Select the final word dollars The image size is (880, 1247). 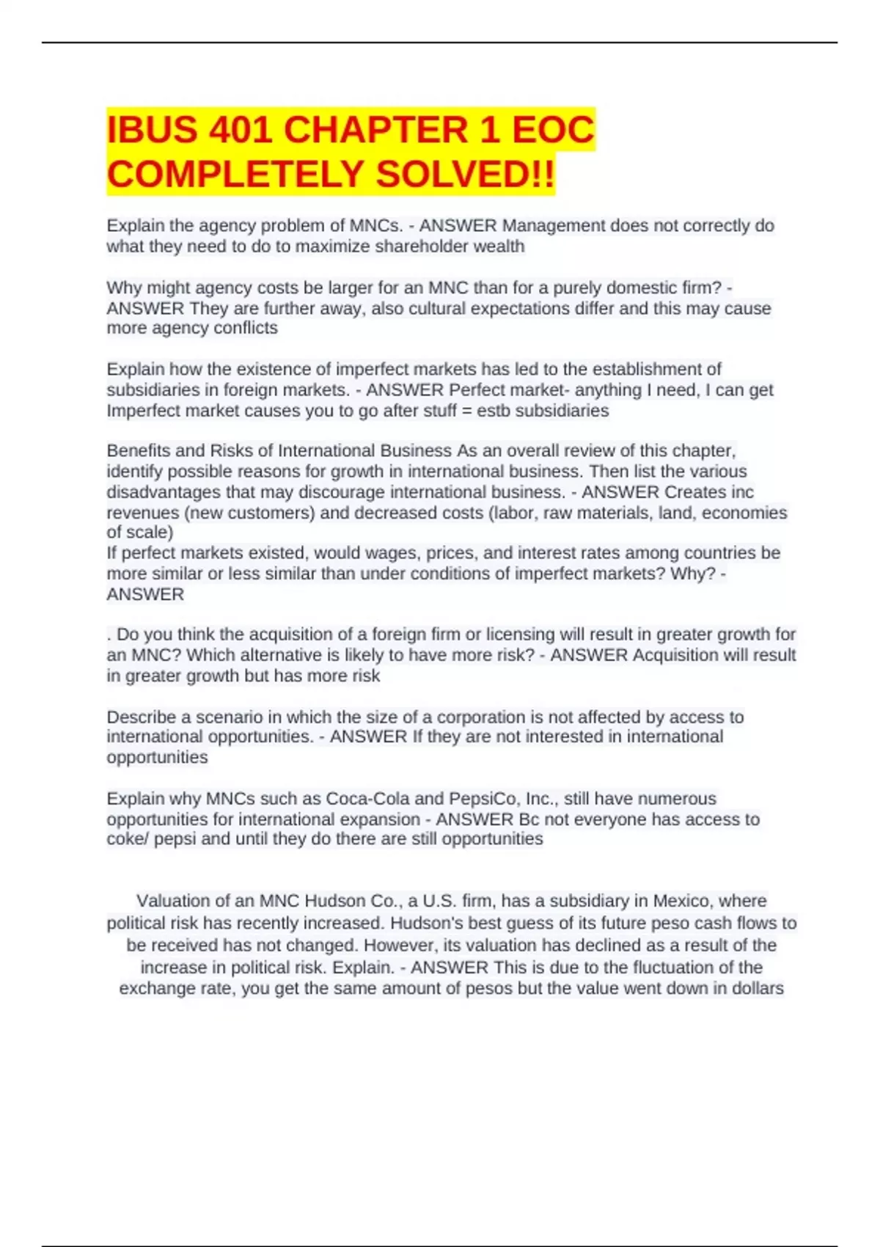point(758,988)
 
